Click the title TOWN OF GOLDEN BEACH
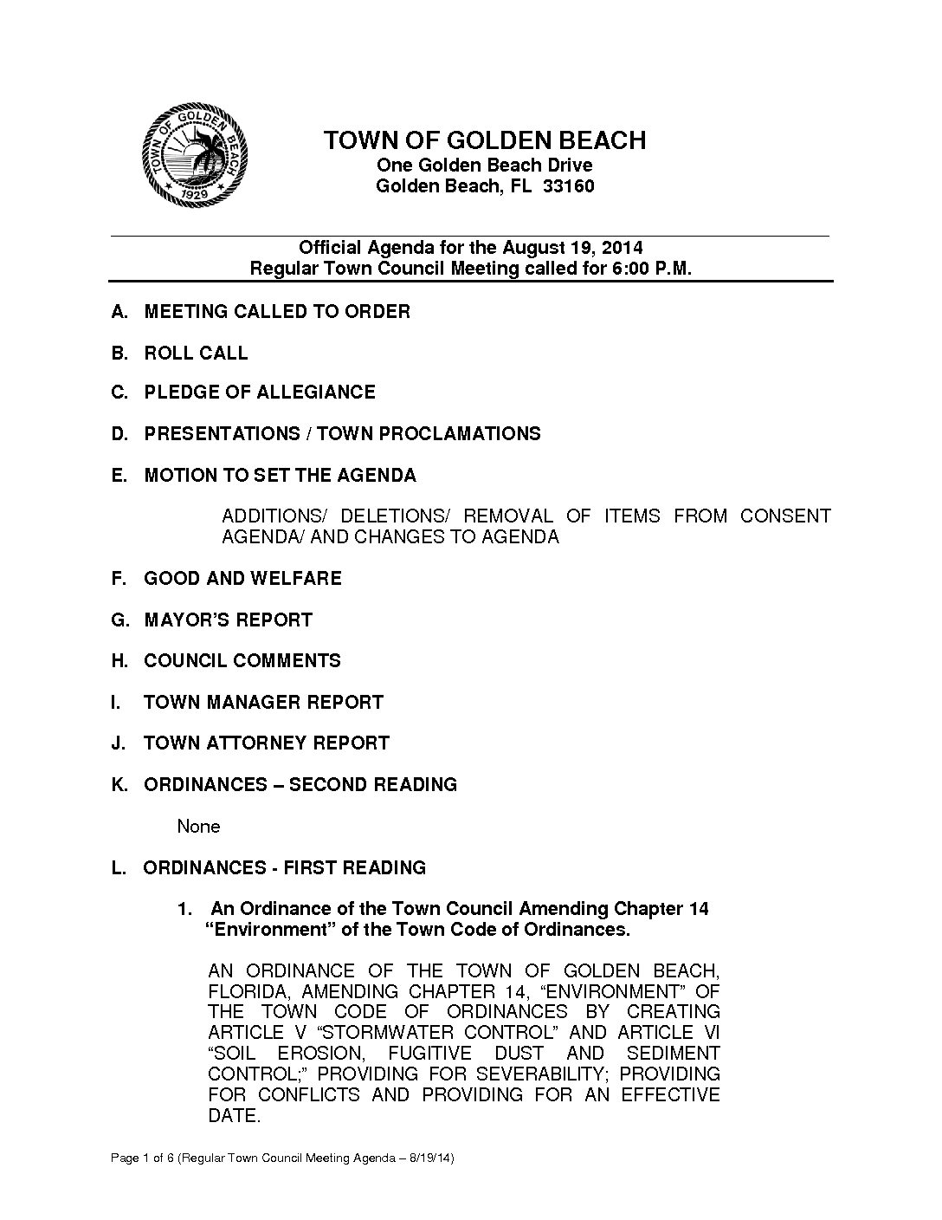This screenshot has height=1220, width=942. (484, 140)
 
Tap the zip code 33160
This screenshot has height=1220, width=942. (568, 186)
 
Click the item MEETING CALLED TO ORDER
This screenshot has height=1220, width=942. (277, 312)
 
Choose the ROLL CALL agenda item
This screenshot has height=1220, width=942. (196, 354)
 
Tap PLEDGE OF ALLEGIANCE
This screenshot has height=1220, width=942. (260, 393)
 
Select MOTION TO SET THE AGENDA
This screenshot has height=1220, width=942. (280, 476)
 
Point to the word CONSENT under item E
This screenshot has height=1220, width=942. (784, 516)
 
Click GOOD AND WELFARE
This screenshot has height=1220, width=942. (242, 579)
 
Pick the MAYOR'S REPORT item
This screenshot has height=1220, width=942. (228, 620)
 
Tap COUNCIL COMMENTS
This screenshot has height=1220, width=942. (242, 661)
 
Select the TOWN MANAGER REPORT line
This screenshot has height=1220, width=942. (263, 703)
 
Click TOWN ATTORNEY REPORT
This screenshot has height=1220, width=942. (267, 743)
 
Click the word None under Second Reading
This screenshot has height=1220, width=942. (198, 827)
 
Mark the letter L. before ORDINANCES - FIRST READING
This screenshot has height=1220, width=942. (119, 868)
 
